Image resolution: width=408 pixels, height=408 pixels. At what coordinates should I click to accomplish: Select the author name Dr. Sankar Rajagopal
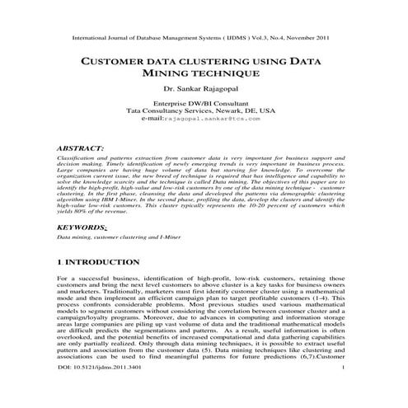tap(203, 88)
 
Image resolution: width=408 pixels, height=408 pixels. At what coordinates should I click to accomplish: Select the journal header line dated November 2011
tap(203, 38)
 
